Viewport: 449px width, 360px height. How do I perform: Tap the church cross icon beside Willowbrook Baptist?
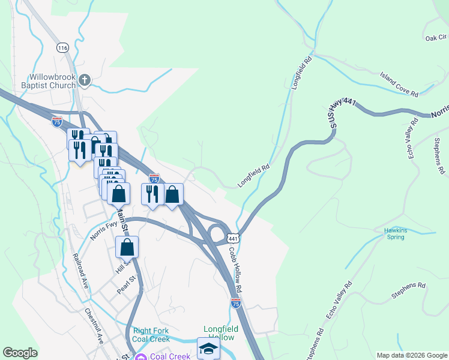pyautogui.click(x=85, y=79)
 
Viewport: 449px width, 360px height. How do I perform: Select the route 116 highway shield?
pyautogui.click(x=63, y=47)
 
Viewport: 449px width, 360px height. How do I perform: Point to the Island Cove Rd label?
pyautogui.click(x=399, y=85)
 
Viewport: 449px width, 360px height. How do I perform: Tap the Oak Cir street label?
pyautogui.click(x=436, y=37)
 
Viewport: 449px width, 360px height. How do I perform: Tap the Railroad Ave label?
pyautogui.click(x=80, y=271)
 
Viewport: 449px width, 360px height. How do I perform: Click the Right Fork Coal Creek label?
pyautogui.click(x=151, y=335)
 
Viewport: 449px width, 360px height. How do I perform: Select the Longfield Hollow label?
pyautogui.click(x=221, y=333)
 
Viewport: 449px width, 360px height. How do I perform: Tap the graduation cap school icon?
pyautogui.click(x=208, y=349)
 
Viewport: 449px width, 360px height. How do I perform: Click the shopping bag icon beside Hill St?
pyautogui.click(x=127, y=247)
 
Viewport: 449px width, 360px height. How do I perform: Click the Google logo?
pyautogui.click(x=20, y=353)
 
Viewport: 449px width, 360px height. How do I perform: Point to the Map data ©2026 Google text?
pyautogui.click(x=411, y=355)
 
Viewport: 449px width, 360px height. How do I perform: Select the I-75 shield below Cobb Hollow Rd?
pyautogui.click(x=235, y=304)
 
